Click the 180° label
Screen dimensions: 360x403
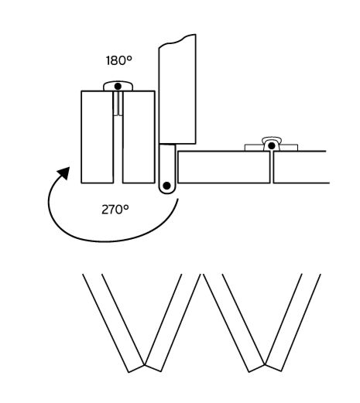point(119,60)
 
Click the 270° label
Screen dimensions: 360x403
point(115,210)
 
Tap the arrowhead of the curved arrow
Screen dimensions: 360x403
point(64,172)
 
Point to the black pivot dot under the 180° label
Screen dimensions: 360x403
point(118,87)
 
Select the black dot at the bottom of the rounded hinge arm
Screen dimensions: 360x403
point(167,186)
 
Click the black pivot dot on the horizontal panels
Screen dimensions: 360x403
point(271,146)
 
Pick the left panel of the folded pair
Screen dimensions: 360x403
point(98,137)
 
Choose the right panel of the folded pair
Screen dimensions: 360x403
point(139,137)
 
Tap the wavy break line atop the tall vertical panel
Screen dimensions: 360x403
point(177,40)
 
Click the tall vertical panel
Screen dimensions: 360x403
point(177,89)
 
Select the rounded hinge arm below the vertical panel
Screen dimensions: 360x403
point(167,169)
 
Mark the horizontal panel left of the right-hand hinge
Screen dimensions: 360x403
point(224,167)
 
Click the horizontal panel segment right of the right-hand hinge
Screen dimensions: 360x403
point(301,167)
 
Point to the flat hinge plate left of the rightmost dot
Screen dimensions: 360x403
point(254,148)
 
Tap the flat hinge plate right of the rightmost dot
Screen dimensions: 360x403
point(289,148)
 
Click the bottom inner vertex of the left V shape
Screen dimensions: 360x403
point(145,364)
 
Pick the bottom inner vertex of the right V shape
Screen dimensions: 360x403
point(265,364)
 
